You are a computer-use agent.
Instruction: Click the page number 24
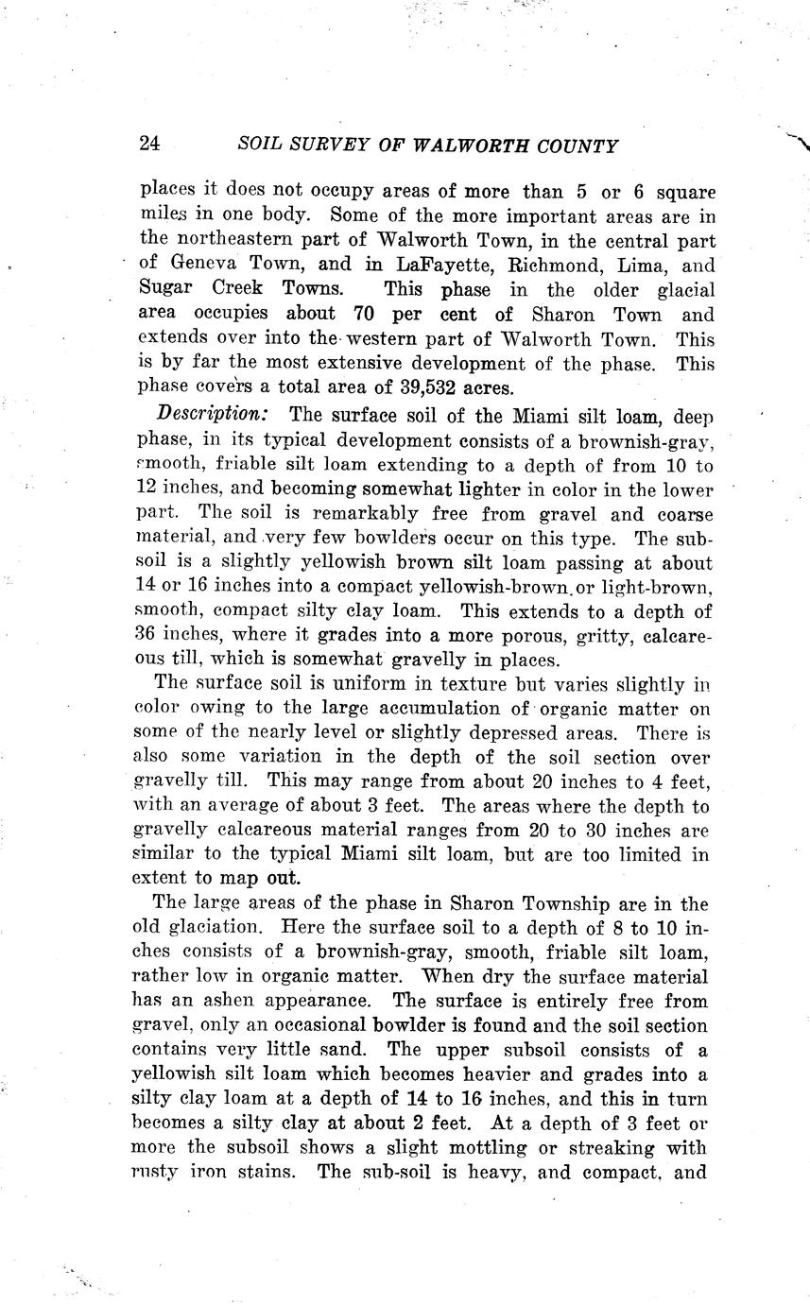pos(149,145)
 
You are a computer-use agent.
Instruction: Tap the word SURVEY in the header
pos(320,146)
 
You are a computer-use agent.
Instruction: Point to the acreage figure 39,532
pos(448,387)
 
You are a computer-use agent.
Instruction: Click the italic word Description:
pos(215,414)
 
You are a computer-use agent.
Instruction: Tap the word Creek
pos(236,289)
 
